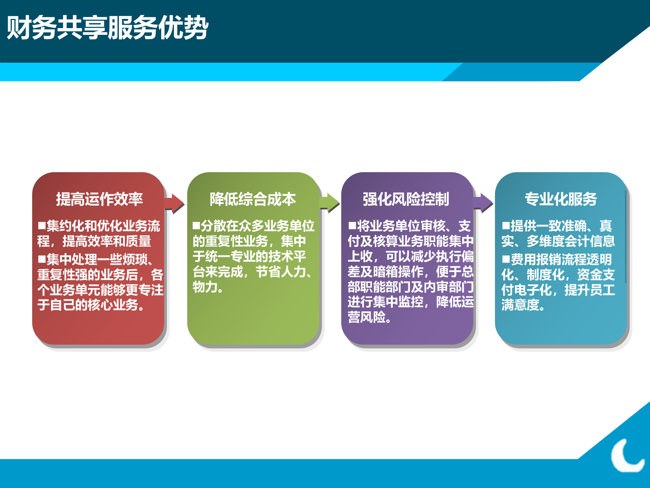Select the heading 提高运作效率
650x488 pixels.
pyautogui.click(x=99, y=199)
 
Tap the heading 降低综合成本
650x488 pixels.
pyautogui.click(x=253, y=199)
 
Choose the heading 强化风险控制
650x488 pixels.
pyautogui.click(x=406, y=199)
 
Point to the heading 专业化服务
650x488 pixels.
pyautogui.click(x=561, y=199)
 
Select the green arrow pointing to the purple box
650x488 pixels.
pyautogui.click(x=329, y=203)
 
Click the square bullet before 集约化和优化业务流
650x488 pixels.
pyautogui.click(x=42, y=226)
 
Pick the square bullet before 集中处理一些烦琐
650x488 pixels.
pyautogui.click(x=42, y=260)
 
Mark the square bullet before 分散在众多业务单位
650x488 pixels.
pyautogui.click(x=196, y=226)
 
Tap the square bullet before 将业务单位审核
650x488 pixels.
pyautogui.click(x=352, y=226)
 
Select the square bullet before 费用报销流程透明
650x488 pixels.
pyautogui.click(x=506, y=260)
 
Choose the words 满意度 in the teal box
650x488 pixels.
pyautogui.click(x=520, y=305)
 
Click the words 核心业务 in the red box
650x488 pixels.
pyautogui.click(x=113, y=305)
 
